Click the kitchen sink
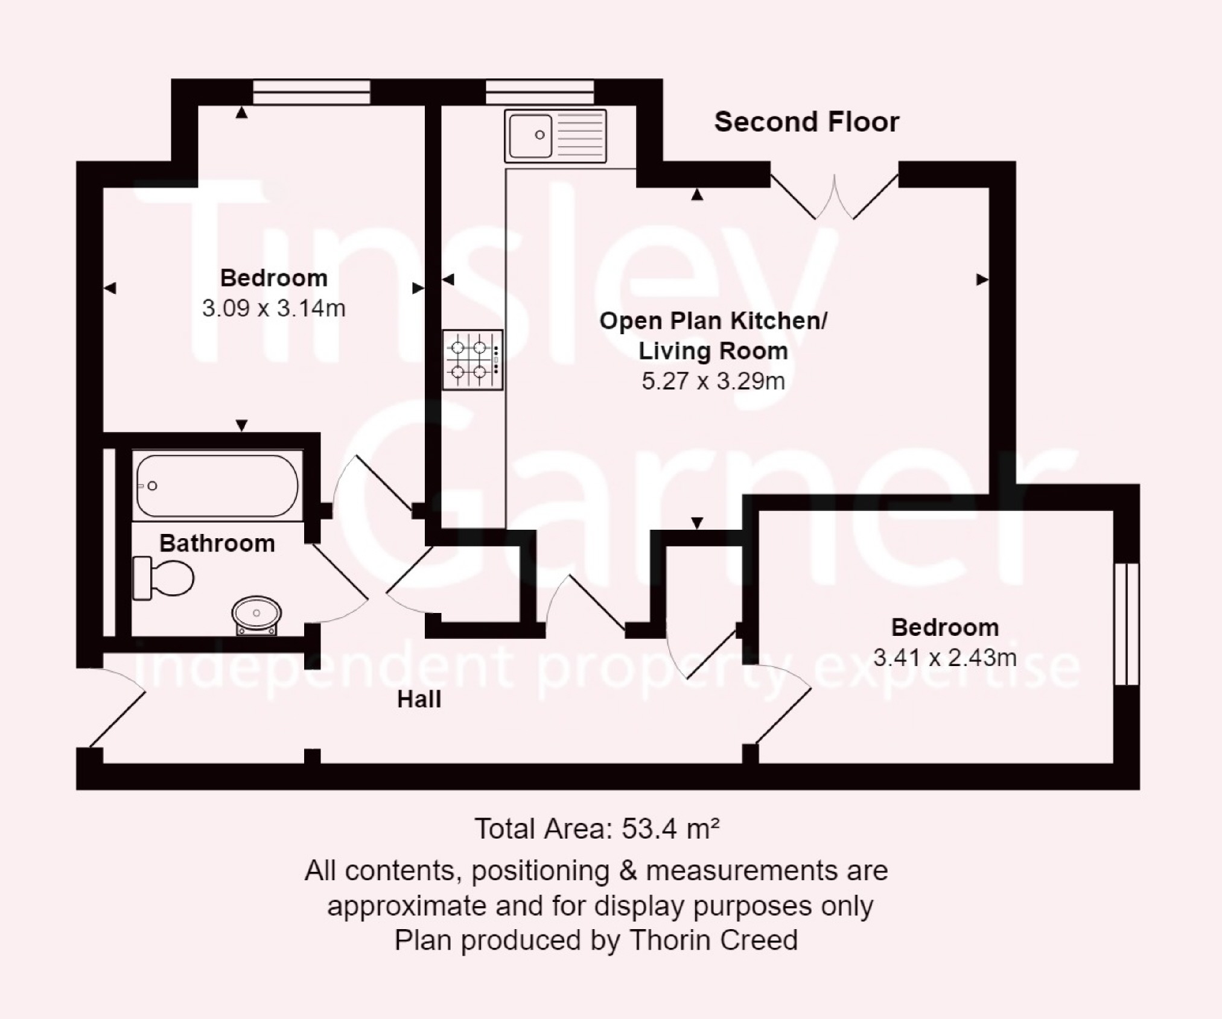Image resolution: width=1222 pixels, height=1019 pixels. point(555,136)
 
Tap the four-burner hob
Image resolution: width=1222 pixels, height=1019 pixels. point(473,360)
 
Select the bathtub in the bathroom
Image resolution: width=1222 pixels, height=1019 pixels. point(217,486)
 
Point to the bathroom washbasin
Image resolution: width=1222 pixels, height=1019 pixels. point(256,615)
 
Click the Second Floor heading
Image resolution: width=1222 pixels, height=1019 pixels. point(807,122)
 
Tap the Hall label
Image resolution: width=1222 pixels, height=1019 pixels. point(419,699)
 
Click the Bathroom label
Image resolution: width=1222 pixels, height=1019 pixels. point(217,544)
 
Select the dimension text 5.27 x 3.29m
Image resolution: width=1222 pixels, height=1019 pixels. point(713,381)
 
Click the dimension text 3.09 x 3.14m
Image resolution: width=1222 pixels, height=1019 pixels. point(273,308)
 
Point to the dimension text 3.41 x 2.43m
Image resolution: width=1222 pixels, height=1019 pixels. point(945,658)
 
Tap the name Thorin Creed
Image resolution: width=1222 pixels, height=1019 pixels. point(713,941)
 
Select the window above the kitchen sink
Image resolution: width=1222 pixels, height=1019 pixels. point(539,92)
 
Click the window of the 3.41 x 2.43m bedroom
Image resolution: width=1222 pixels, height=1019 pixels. point(1126,624)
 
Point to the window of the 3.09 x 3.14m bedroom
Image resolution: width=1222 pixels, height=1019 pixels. point(311,92)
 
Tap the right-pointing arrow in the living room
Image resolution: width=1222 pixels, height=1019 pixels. point(982,279)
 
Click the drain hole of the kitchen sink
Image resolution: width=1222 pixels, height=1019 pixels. point(540,135)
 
